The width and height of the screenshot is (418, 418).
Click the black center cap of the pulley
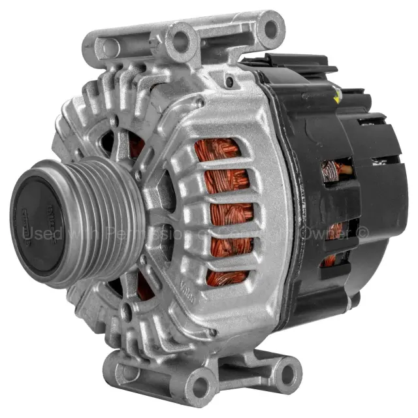[x=40, y=219]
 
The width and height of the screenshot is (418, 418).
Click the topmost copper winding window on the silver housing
[x=217, y=151]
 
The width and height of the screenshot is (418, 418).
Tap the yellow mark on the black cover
[x=336, y=98]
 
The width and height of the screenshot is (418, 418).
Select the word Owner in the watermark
[x=327, y=232]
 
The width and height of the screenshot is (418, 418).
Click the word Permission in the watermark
[x=144, y=232]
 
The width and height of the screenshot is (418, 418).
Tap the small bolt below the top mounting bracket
[x=229, y=82]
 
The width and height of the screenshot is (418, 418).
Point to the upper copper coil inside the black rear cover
[x=330, y=171]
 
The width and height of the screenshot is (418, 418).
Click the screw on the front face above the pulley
[x=115, y=121]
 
